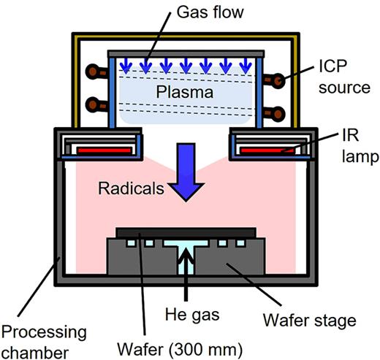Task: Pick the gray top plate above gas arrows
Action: click(x=186, y=53)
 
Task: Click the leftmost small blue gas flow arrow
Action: click(x=121, y=66)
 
